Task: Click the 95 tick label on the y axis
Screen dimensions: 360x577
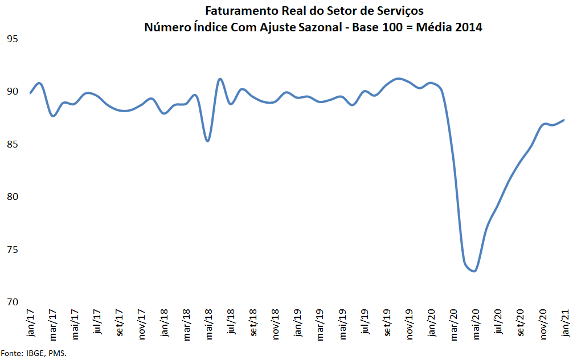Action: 13,39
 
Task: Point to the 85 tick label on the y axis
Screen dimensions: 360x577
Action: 13,144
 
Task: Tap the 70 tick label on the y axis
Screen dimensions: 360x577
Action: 13,302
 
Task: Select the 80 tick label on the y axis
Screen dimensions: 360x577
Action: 13,197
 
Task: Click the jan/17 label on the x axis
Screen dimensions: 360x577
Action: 30,323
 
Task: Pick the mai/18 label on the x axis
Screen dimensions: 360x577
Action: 209,324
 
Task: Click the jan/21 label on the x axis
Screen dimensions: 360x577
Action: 566,323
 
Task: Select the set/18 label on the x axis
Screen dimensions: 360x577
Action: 253,324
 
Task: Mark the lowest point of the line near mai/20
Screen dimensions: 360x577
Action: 474,271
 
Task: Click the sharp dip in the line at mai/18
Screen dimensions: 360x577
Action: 208,141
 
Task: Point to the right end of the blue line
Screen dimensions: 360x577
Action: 564,120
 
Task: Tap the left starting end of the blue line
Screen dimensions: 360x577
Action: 30,93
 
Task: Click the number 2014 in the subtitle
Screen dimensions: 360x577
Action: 467,27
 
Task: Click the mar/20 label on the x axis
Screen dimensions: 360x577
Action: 454,324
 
